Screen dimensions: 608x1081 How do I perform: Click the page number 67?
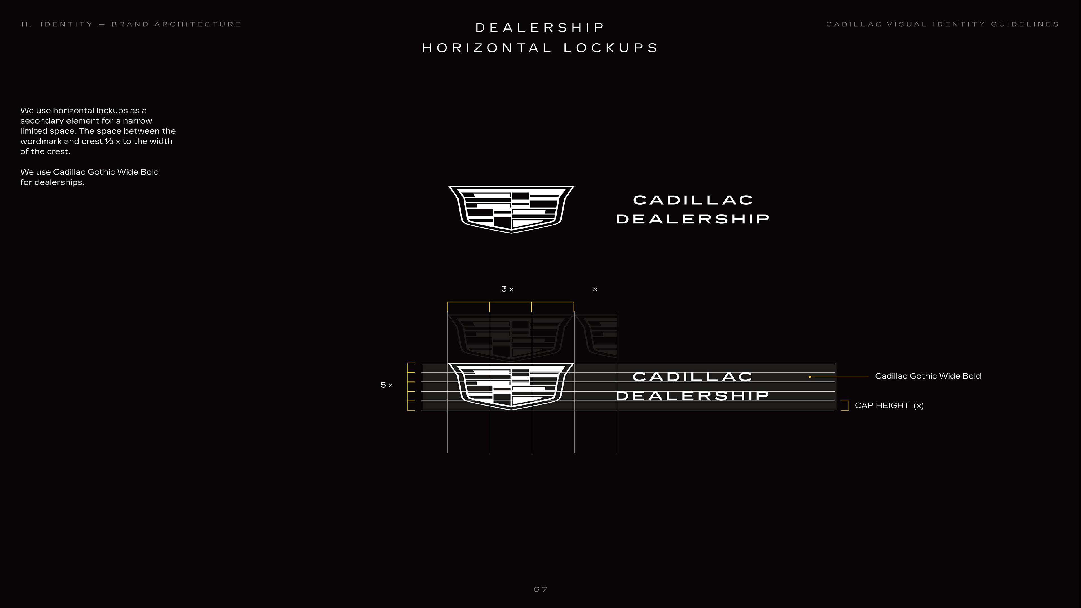pos(540,589)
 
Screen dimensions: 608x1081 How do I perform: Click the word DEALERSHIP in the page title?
pos(540,28)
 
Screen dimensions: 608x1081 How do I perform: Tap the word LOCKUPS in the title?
pos(611,48)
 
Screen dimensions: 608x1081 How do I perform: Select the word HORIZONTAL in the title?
pos(487,48)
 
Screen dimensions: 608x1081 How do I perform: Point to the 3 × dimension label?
pos(507,289)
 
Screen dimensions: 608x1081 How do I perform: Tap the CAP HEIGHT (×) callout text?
pos(889,405)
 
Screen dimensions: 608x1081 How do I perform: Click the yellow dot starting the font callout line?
pos(810,377)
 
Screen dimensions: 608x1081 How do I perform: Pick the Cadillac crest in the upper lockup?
pos(511,209)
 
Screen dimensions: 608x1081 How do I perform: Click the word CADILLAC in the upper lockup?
pos(693,200)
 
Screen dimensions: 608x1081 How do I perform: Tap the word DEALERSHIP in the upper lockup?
pos(693,219)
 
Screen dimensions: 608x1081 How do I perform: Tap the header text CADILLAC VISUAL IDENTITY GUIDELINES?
pos(942,24)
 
